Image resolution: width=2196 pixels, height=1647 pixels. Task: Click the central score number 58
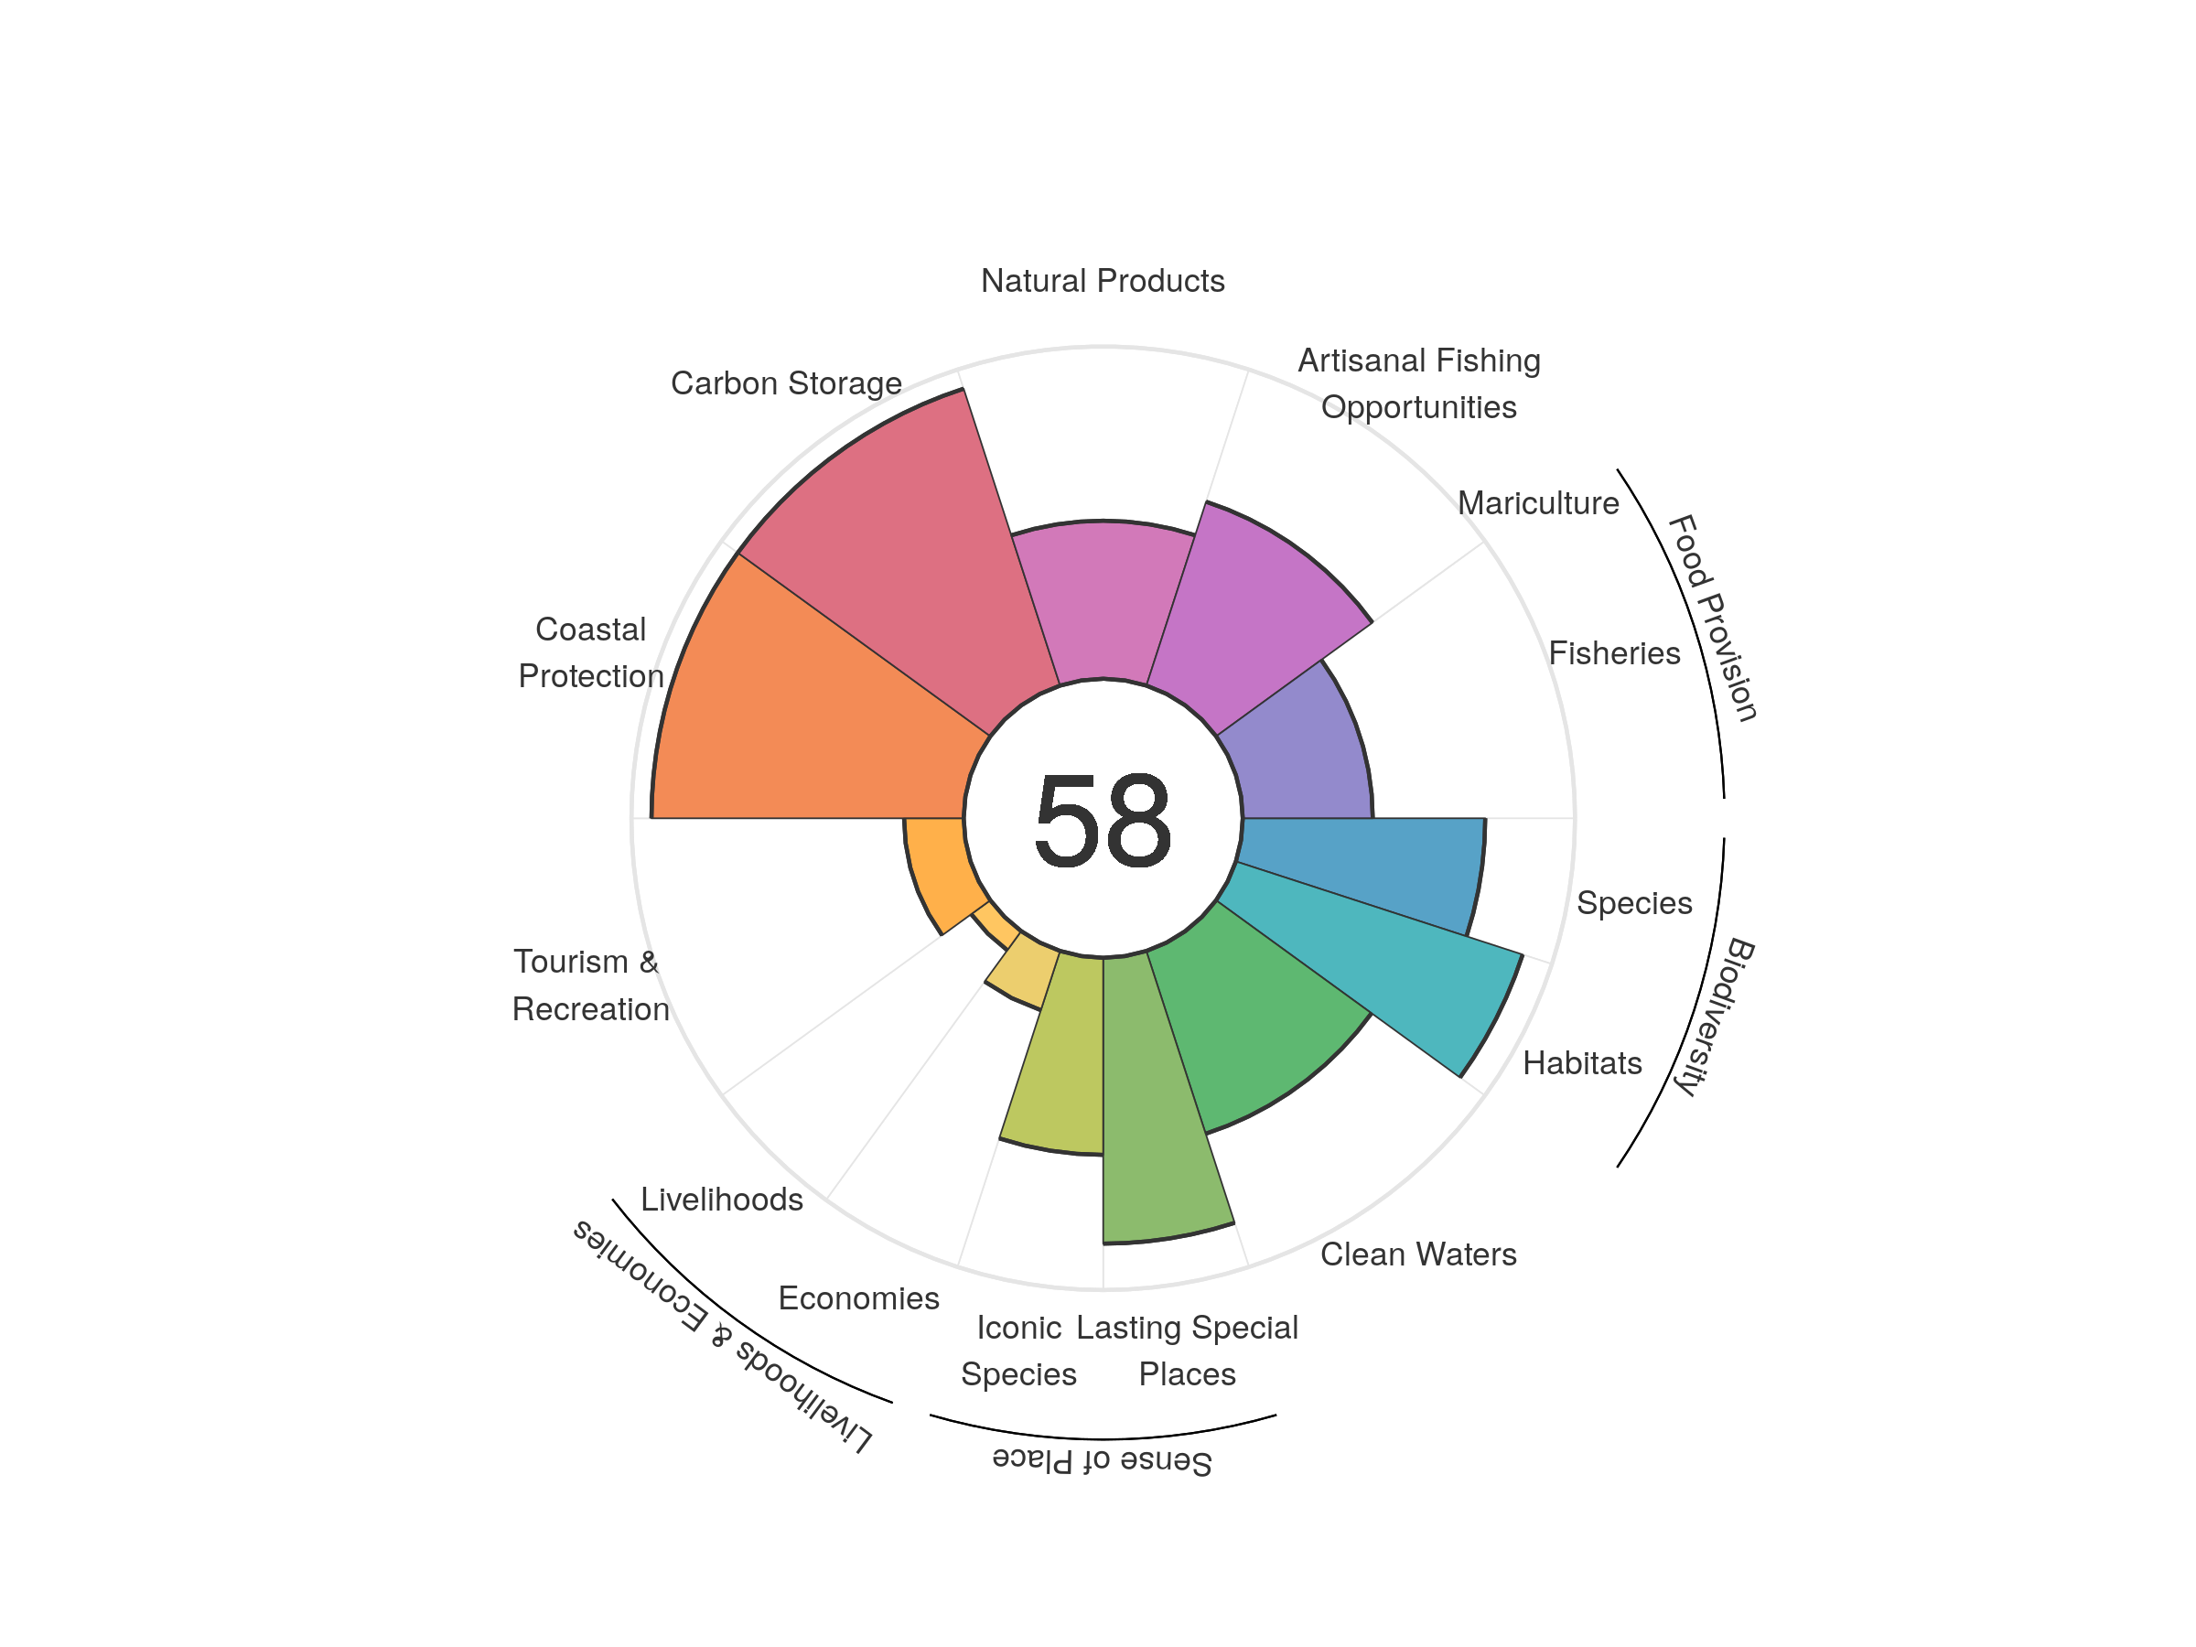click(x=1102, y=821)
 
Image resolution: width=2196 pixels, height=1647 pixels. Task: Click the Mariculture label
click(x=1538, y=503)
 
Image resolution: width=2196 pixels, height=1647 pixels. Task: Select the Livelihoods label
click(x=722, y=1200)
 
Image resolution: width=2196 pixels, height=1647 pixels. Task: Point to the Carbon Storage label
click(x=786, y=383)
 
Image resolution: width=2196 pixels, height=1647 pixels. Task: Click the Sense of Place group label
click(x=1102, y=1460)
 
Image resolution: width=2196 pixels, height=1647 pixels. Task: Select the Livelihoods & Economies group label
click(x=723, y=1335)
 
